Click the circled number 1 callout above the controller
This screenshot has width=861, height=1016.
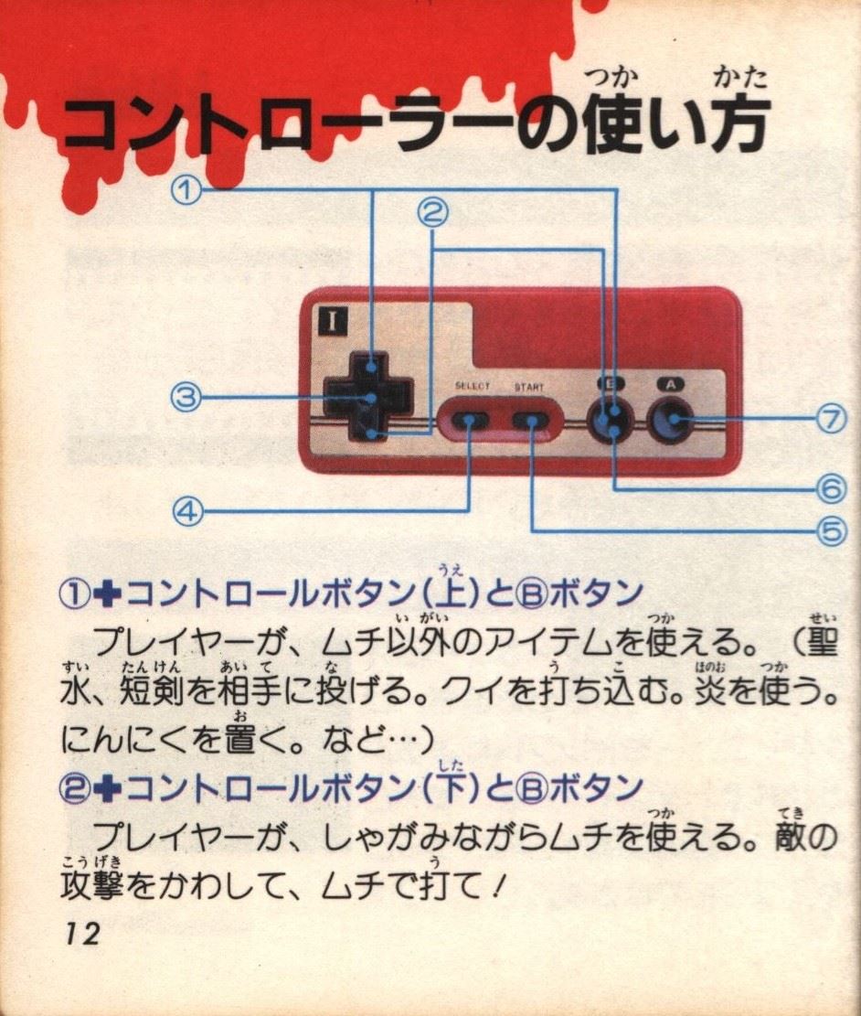186,190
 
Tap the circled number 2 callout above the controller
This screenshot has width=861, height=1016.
432,212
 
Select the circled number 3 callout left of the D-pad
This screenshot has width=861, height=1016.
186,397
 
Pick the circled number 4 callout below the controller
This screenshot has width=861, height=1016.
188,512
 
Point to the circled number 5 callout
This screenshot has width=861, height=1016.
832,532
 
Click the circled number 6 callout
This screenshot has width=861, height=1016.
832,489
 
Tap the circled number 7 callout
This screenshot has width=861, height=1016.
832,419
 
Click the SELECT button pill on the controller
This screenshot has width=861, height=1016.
470,420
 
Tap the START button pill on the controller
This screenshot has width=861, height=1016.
531,420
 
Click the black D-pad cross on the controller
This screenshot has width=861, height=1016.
367,397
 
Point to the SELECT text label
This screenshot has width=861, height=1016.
473,386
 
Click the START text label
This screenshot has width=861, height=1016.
529,387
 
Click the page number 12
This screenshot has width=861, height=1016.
81,934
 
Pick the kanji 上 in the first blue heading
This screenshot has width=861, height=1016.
452,594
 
